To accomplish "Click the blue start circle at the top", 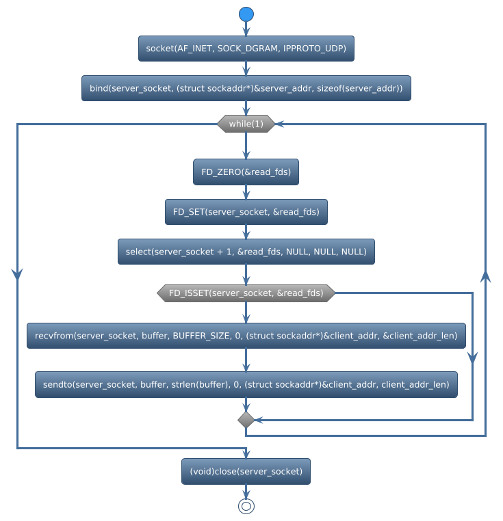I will pos(246,14).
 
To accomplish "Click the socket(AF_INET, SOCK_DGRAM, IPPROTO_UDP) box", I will pos(246,49).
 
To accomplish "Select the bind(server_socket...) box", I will pos(246,88).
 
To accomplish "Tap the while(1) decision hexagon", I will pos(246,124).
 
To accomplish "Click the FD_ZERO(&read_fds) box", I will pos(246,173).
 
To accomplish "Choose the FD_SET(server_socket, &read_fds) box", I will pos(246,212).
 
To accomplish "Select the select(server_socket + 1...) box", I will pos(246,252).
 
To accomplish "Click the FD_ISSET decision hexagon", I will pos(246,293).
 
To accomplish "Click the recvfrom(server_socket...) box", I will pos(246,336).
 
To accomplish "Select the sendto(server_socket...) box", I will pos(246,385).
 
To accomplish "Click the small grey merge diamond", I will pos(246,420).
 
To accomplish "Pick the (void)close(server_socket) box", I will pos(246,471).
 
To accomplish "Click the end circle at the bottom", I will pos(246,506).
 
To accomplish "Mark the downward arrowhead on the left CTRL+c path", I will pos(17,273).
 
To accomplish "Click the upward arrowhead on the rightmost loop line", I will pos(485,276).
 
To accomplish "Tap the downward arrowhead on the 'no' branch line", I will pos(472,359).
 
